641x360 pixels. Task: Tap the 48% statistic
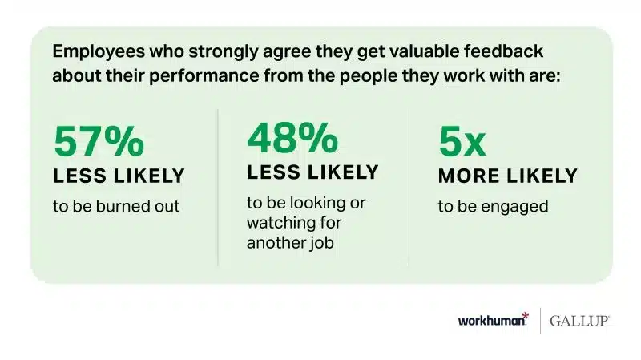(292, 139)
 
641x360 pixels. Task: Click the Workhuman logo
(493, 320)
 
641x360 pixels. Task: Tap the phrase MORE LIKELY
(507, 176)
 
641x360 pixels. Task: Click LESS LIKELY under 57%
(119, 176)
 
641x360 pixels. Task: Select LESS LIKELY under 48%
(313, 172)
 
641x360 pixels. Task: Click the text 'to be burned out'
(116, 206)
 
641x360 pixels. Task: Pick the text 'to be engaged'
(493, 206)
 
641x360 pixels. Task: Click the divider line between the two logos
(539, 320)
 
